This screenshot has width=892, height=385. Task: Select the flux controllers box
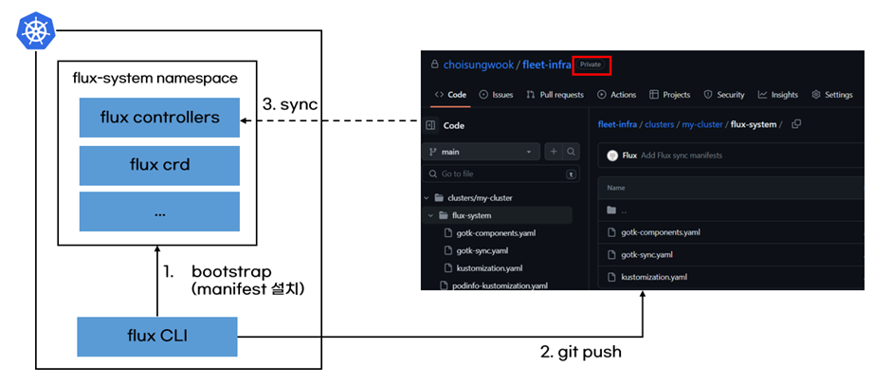[159, 118]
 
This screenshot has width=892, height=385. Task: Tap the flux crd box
[159, 164]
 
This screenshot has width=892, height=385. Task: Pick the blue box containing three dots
[159, 211]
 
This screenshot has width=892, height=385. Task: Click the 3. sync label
[288, 103]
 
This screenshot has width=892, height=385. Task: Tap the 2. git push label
[581, 352]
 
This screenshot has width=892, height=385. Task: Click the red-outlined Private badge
[591, 64]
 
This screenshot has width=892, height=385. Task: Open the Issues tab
[497, 95]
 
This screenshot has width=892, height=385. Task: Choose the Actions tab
[617, 95]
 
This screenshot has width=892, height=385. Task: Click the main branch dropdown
[482, 152]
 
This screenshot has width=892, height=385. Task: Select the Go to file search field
[502, 174]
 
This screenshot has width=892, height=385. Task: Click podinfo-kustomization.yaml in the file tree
[500, 285]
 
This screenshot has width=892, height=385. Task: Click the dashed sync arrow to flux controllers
[332, 120]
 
